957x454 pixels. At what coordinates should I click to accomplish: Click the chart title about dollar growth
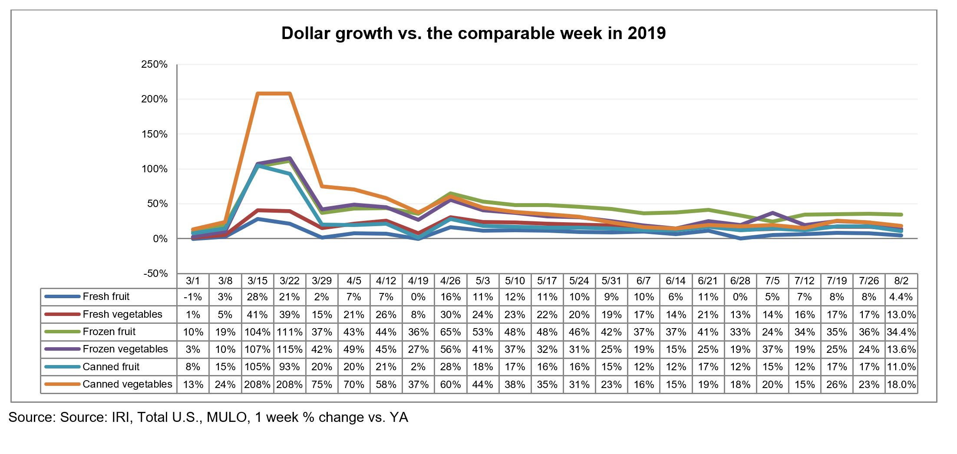pyautogui.click(x=473, y=33)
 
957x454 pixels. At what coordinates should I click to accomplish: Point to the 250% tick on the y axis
pyautogui.click(x=154, y=65)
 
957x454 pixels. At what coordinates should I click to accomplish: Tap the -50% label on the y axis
pyautogui.click(x=155, y=273)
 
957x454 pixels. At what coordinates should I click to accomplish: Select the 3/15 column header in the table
pyautogui.click(x=257, y=281)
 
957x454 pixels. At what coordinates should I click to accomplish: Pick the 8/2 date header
pyautogui.click(x=901, y=281)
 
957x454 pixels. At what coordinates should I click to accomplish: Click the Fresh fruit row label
pyautogui.click(x=106, y=297)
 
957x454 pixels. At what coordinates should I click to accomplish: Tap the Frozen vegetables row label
pyautogui.click(x=125, y=349)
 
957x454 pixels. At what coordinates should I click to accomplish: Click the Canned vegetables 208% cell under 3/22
pyautogui.click(x=290, y=385)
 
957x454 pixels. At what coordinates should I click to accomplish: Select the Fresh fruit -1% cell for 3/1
pyautogui.click(x=193, y=297)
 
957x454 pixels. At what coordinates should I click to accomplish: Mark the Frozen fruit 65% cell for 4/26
pyautogui.click(x=450, y=332)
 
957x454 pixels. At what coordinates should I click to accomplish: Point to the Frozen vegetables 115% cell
pyautogui.click(x=290, y=349)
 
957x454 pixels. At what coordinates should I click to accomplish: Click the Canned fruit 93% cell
pyautogui.click(x=290, y=367)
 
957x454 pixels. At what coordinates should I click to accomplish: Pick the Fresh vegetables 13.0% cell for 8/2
pyautogui.click(x=901, y=315)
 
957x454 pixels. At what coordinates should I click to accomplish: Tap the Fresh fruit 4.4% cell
pyautogui.click(x=901, y=297)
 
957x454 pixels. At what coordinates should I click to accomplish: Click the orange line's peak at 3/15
pyautogui.click(x=258, y=94)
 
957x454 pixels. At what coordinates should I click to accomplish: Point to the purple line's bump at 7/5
pyautogui.click(x=772, y=213)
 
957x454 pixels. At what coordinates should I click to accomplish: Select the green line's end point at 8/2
pyautogui.click(x=901, y=214)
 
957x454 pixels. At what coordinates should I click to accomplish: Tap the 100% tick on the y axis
pyautogui.click(x=154, y=169)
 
